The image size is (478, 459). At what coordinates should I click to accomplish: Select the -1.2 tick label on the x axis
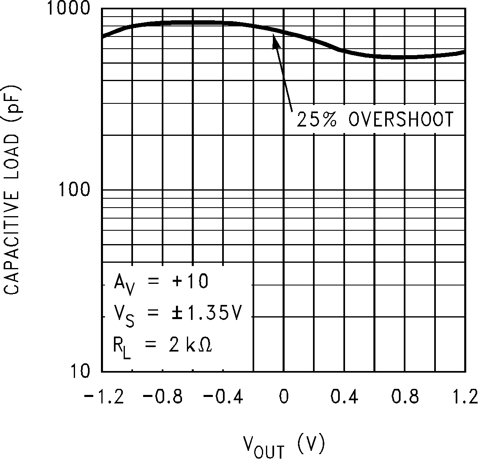[x=103, y=397]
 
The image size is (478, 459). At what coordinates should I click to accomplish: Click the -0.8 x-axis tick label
[x=163, y=397]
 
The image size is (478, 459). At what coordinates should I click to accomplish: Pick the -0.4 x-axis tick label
[x=223, y=397]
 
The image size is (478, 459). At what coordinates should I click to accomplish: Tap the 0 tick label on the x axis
[x=284, y=397]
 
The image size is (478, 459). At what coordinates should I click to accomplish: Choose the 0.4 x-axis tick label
[x=344, y=397]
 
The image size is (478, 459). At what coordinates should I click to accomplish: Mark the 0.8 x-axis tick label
[x=405, y=397]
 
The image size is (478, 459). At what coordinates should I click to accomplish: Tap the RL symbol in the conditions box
[x=122, y=347]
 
